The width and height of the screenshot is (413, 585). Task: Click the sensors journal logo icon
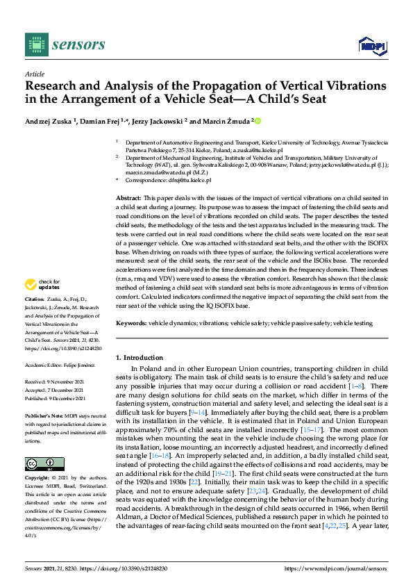tap(35, 44)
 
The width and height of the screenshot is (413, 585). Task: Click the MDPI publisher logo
tap(371, 46)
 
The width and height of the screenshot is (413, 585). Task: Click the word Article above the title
tap(34, 74)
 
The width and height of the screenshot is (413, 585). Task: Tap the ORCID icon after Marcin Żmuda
tap(258, 121)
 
